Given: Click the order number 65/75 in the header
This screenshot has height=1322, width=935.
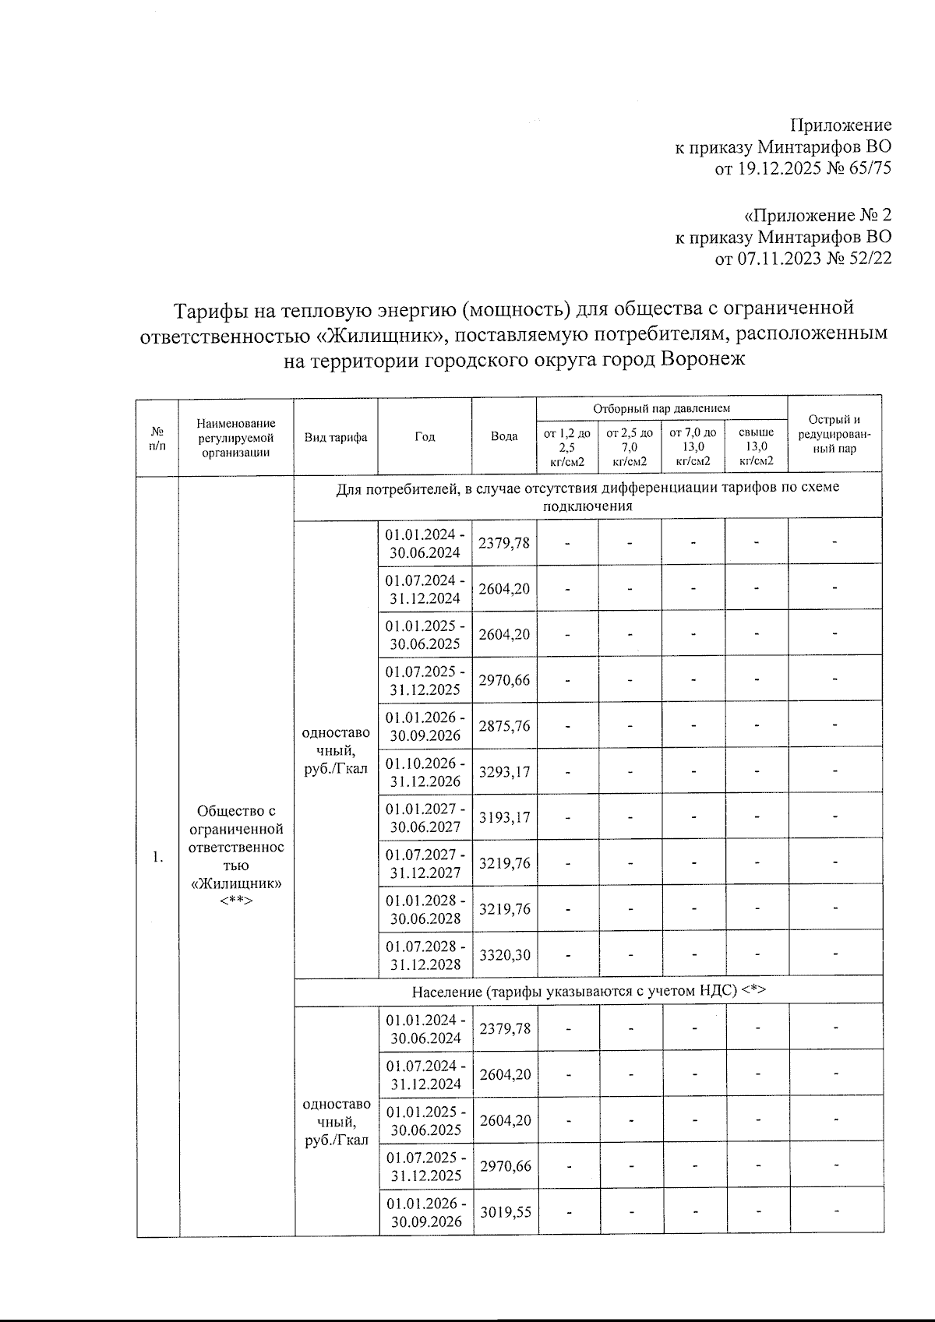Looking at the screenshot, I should point(870,168).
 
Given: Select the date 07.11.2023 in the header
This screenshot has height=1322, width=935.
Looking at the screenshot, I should point(778,258).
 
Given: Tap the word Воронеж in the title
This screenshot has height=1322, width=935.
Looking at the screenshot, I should point(703,359).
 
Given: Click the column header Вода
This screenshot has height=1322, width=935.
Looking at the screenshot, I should point(504,436).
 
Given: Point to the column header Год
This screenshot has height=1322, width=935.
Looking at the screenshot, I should point(425,436).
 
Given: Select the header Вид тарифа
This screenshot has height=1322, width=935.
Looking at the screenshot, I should point(336,437).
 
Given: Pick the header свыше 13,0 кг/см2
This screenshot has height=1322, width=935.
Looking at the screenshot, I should point(756,446).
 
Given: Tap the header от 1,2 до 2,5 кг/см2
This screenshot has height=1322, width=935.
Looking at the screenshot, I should point(567,446).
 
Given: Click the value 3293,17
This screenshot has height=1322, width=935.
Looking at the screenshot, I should point(504,772).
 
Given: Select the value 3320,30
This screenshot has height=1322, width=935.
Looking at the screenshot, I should point(504,955).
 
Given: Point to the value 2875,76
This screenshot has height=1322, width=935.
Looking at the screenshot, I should point(504,726).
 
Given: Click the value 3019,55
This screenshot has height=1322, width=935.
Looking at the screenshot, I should point(505,1212).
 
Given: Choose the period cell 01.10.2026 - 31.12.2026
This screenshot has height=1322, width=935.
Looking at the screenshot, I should point(425,772).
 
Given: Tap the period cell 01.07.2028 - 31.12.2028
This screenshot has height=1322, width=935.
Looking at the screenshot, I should point(425,955).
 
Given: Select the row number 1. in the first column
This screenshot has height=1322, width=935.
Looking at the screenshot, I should point(158,857).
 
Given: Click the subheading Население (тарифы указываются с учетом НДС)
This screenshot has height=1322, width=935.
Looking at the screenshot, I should point(588,991).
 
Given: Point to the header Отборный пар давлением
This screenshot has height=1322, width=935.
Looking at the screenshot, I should point(662,408).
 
